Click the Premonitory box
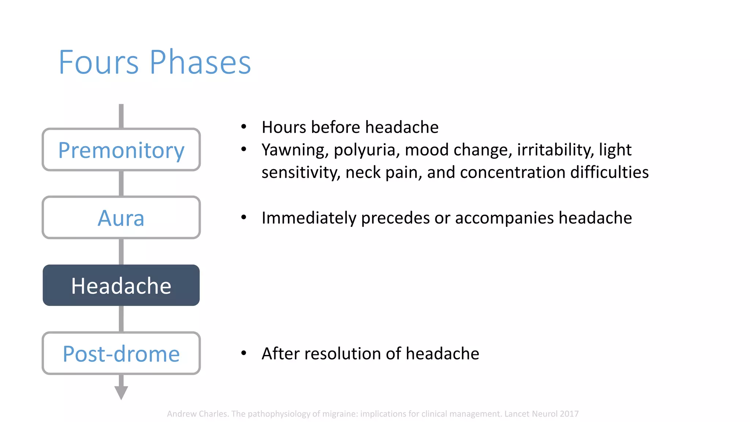(x=121, y=150)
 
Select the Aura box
(x=121, y=218)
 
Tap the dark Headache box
(x=121, y=285)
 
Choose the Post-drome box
(x=121, y=353)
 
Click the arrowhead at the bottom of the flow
(x=121, y=393)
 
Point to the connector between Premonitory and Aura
(x=121, y=184)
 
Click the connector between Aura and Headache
(x=121, y=251)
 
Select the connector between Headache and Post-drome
(x=121, y=319)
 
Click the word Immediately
(x=309, y=218)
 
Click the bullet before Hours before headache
(x=244, y=127)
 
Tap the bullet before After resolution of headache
(x=244, y=353)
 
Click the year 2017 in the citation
(x=569, y=414)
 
